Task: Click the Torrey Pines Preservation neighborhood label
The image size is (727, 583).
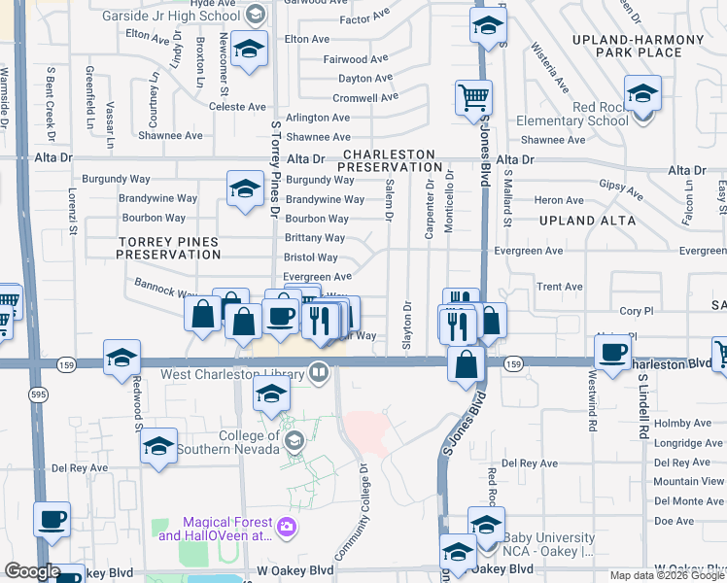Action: click(169, 247)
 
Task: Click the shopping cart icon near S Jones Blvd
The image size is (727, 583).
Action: click(473, 97)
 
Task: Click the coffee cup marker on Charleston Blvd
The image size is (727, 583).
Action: click(614, 352)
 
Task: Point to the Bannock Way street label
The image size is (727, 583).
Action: click(154, 291)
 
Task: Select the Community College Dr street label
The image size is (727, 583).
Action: click(352, 509)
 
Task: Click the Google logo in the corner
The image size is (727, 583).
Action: click(31, 572)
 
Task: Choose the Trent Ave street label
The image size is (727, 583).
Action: click(559, 287)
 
